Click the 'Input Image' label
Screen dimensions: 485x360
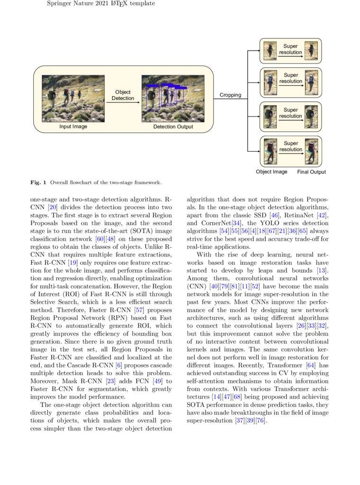coord(73,127)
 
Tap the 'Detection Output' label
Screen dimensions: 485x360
coord(173,127)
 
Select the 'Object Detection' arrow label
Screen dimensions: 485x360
coord(123,95)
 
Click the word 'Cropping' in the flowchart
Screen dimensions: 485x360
coord(230,95)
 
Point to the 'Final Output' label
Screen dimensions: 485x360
coord(311,172)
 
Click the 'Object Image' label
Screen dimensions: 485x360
coord(271,172)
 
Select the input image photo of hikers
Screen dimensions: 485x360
coord(73,99)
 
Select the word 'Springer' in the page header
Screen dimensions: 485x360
coord(59,4)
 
